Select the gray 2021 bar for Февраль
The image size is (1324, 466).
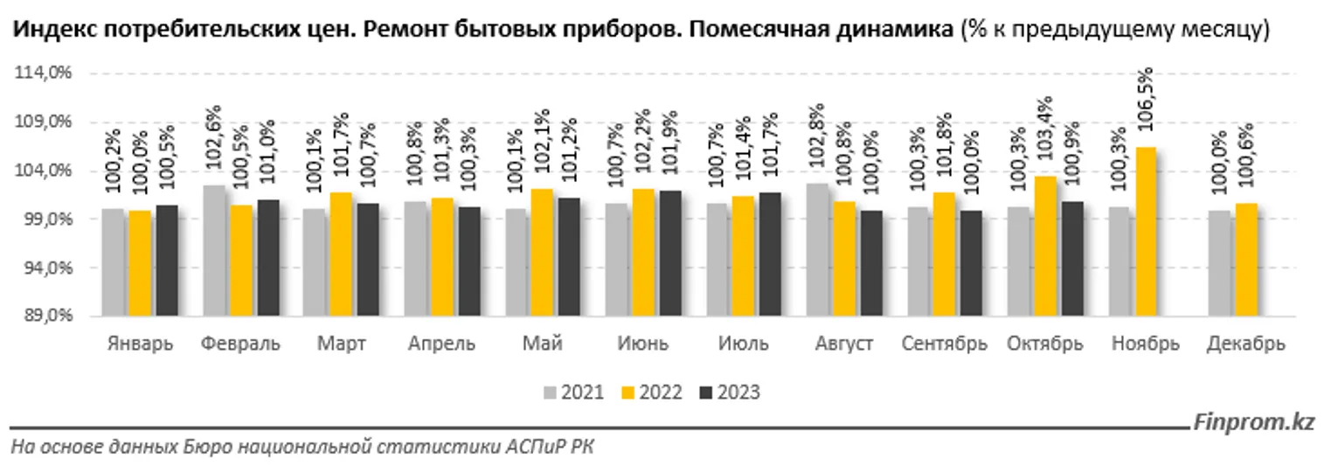coord(214,249)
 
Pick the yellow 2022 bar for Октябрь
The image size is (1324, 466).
coord(1045,246)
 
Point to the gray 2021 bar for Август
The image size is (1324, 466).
coord(818,248)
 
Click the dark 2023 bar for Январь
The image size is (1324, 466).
coord(166,260)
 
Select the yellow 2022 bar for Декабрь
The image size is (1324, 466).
coord(1246,259)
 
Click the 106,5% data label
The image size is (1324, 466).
coord(1146,103)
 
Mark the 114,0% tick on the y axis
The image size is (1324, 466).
coord(43,73)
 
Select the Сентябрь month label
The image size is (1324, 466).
coord(945,344)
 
